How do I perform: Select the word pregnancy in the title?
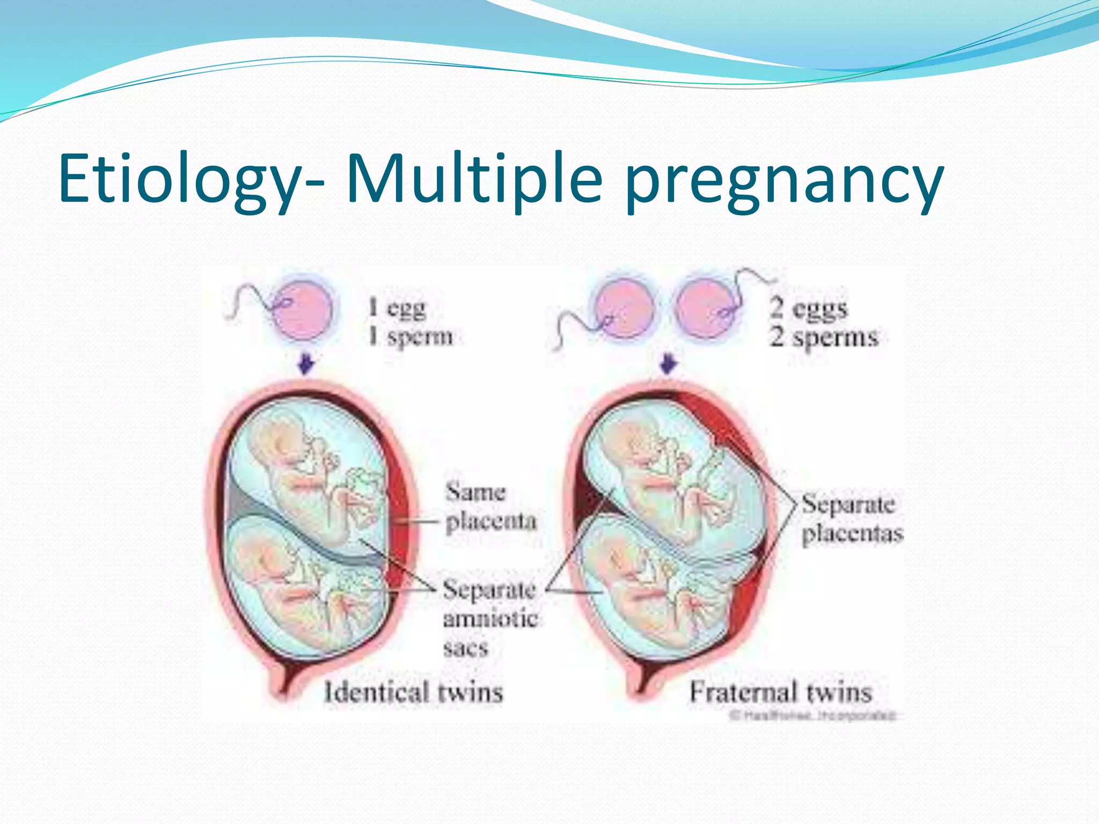click(x=783, y=182)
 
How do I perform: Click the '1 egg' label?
click(x=398, y=308)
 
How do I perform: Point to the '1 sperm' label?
click(x=411, y=337)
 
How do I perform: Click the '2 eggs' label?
click(x=809, y=308)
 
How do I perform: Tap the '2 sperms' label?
click(x=824, y=337)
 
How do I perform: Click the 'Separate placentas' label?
click(x=852, y=518)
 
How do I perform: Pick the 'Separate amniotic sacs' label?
click(x=489, y=618)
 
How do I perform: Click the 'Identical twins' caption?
click(x=414, y=692)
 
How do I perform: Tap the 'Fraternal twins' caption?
click(x=780, y=692)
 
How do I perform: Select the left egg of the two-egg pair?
click(x=624, y=310)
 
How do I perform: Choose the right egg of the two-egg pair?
click(x=706, y=310)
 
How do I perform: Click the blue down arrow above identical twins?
click(x=306, y=363)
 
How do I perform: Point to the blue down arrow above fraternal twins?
click(x=668, y=363)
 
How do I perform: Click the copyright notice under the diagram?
click(x=814, y=716)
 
